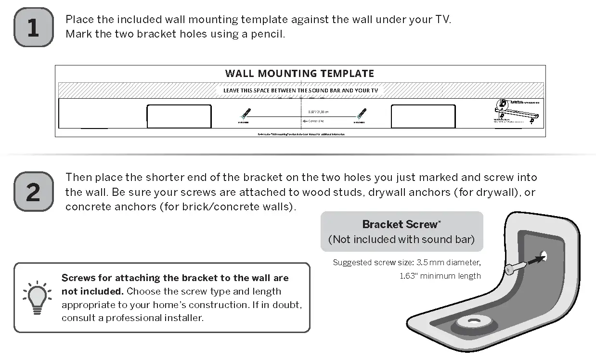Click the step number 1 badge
pos(33,27)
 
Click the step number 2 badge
pos(33,192)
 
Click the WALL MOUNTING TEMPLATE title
pos(299,74)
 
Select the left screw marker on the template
pos(245,114)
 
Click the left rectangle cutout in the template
pos(179,116)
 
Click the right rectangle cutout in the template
pos(423,116)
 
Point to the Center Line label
pos(316,121)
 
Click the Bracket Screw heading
pos(401,224)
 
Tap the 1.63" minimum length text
pos(440,276)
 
